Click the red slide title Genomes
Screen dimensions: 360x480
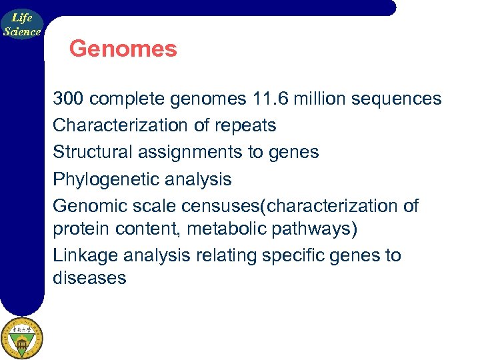(123, 49)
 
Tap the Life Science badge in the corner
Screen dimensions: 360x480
(22, 25)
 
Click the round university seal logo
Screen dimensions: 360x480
(22, 337)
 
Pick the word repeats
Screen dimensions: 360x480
(245, 125)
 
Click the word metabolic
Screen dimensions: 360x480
(225, 229)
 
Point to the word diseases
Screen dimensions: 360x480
(89, 278)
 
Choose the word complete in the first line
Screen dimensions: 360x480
(127, 99)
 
